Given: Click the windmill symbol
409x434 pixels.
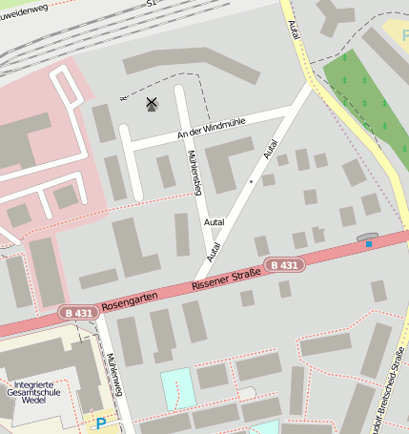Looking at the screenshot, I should point(151,103).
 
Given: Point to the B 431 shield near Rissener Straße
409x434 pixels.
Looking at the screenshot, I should point(283,265).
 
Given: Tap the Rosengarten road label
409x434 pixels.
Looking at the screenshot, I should point(128,300).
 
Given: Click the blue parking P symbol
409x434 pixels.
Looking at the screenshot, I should point(99,421).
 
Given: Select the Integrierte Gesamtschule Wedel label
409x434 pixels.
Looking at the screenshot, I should point(33,395).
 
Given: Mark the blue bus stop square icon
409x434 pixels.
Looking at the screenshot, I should point(368,244).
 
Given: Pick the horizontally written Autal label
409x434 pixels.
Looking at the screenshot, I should point(215,222).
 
